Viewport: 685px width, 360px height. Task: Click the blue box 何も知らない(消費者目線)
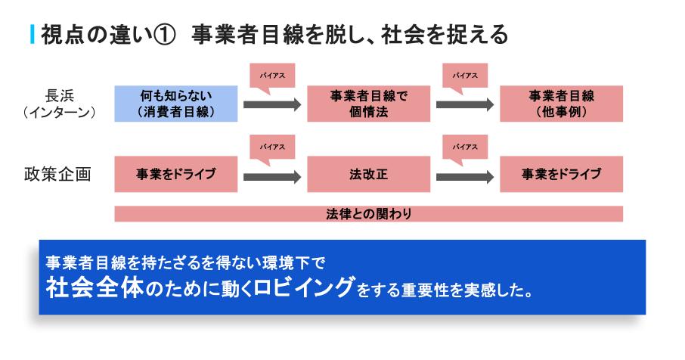coord(176,104)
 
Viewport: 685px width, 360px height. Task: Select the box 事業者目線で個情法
coord(369,104)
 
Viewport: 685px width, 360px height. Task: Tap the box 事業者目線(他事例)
coord(561,104)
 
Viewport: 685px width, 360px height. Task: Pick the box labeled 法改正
coord(369,174)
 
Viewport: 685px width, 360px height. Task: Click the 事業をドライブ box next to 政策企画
coord(176,174)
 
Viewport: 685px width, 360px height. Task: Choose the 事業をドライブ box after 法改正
coord(561,174)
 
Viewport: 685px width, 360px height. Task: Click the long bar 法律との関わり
coord(369,213)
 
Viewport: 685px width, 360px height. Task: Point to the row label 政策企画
coord(57,174)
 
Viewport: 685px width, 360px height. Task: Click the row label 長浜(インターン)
coord(60,104)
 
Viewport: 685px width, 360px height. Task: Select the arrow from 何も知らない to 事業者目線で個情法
coord(272,104)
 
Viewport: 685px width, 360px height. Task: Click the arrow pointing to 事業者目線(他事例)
coord(465,104)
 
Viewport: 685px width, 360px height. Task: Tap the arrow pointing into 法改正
coord(272,177)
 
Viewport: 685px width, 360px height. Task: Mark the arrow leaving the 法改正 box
coord(465,177)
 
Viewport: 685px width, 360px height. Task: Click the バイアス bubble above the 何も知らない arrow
coord(272,76)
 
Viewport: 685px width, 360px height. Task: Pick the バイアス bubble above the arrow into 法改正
coord(272,147)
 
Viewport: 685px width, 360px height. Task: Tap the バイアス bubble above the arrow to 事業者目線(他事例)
coord(465,76)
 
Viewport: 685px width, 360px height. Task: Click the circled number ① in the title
coord(165,35)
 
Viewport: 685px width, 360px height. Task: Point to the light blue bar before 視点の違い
coord(33,35)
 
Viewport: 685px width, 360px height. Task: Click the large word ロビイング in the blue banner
coord(304,287)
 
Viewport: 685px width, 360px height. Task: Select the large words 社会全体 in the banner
coord(95,287)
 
